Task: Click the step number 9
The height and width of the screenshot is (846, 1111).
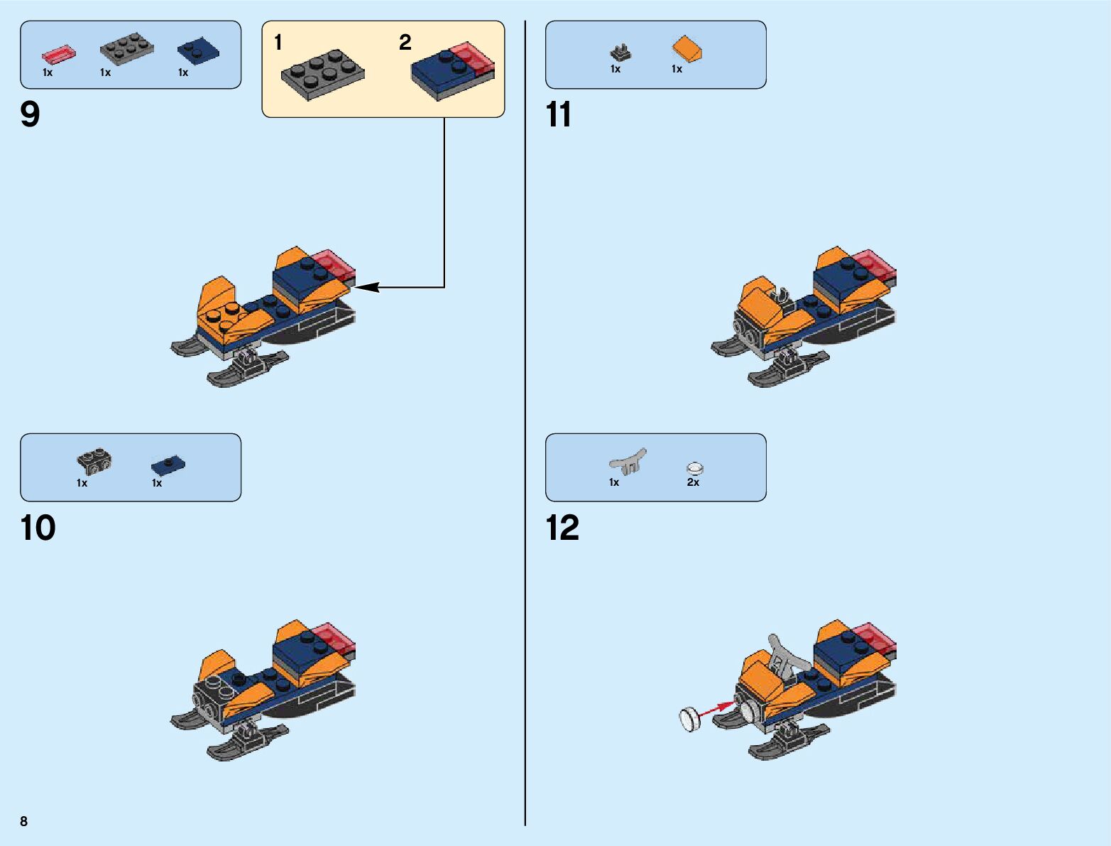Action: [31, 114]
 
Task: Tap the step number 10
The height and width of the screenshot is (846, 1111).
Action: [38, 528]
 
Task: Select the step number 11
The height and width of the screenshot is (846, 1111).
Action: [558, 114]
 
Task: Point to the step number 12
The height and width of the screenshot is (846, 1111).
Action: [562, 528]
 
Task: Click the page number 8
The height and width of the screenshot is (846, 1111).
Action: [24, 822]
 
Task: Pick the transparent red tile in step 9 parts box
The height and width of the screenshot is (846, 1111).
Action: [58, 55]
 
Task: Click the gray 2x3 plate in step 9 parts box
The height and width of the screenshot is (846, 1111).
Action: [127, 49]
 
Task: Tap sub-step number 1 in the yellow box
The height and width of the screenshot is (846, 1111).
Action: [278, 43]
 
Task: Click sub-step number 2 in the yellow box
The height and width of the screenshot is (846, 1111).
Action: [405, 43]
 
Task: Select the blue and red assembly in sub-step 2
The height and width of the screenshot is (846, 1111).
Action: [452, 71]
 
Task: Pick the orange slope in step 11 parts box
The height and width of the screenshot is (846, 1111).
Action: [687, 49]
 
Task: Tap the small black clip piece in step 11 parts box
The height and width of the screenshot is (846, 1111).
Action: [620, 53]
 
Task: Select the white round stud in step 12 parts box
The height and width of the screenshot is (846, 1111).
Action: [695, 468]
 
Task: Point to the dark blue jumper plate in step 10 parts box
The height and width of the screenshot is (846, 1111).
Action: [168, 465]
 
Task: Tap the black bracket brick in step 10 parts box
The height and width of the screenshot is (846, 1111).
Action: [94, 462]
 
